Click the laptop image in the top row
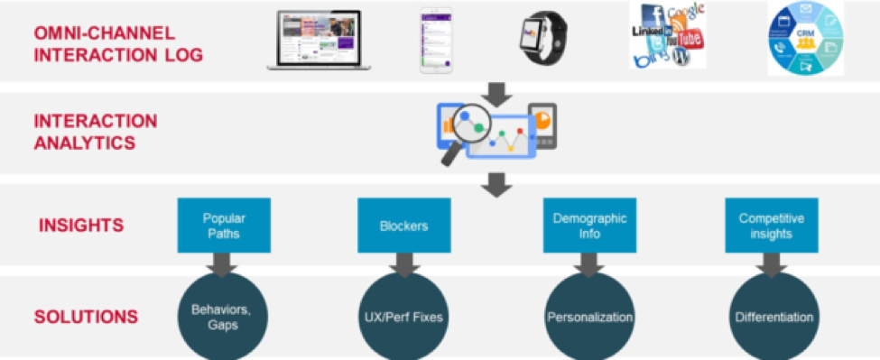pyautogui.click(x=314, y=40)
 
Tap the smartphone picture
pyautogui.click(x=436, y=41)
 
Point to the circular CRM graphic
pyautogui.click(x=804, y=38)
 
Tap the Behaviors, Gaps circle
pyautogui.click(x=221, y=317)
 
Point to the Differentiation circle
pyautogui.click(x=773, y=317)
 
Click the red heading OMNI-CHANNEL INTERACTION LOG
pyautogui.click(x=118, y=44)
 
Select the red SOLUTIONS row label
pyautogui.click(x=87, y=317)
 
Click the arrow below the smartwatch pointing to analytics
pyautogui.click(x=496, y=92)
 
